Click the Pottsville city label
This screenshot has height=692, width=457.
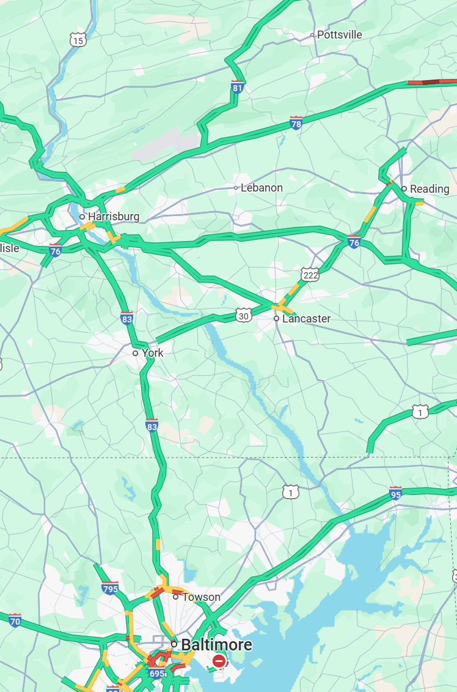pos(340,35)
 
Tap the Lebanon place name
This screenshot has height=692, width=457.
pos(261,188)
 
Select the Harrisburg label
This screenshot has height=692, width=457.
pos(114,217)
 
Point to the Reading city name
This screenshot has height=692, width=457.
pos(430,189)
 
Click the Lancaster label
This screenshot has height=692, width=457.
pos(306,319)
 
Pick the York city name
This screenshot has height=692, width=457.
pos(153,353)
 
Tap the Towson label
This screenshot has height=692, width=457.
pos(201,597)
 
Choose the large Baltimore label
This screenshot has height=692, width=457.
pos(216,645)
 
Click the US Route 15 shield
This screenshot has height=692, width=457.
pos(78,40)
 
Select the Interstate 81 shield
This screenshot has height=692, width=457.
pos(238,87)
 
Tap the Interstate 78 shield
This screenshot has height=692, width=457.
pos(296,124)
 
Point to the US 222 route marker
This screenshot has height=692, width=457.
pos(310,275)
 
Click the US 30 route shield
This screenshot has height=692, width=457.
pos(244,315)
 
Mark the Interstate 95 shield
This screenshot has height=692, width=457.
pos(396,493)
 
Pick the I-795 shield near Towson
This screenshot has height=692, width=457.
pos(110,588)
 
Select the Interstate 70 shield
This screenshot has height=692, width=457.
pos(15,620)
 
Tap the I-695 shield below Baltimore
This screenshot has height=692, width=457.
pos(156,674)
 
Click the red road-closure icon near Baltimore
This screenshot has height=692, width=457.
pos(219,661)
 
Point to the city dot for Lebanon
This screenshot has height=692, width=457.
pos(236,188)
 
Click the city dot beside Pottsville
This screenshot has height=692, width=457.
pos(312,35)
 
